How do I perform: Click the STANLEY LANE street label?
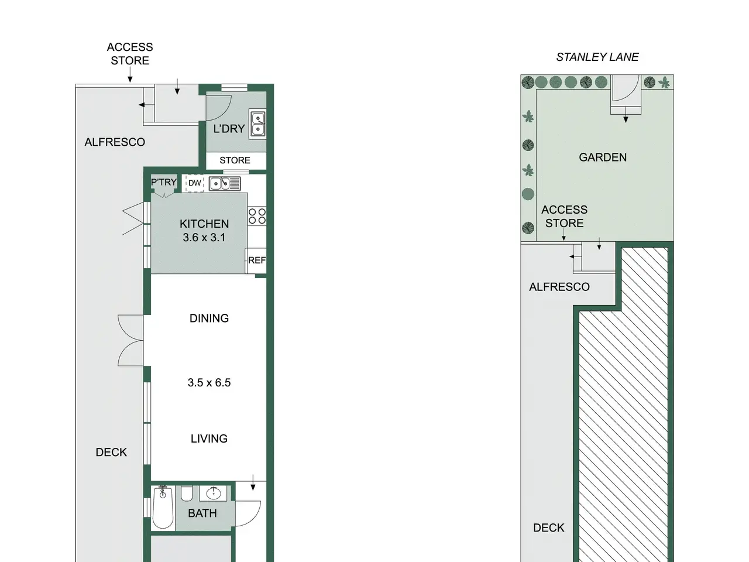coord(597,57)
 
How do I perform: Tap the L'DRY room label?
coord(229,129)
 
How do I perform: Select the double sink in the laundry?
coord(257,124)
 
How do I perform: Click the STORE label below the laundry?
coord(235,160)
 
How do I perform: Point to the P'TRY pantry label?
coord(164,182)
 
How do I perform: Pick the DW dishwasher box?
coord(194,183)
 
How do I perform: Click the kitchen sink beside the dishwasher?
coord(225,184)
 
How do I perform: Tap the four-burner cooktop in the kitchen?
coord(257,216)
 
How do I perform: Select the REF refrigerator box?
coord(256,261)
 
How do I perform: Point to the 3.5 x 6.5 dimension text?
coord(209,382)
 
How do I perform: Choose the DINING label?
coord(209,318)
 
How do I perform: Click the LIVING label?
coord(209,438)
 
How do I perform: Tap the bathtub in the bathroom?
coord(163,508)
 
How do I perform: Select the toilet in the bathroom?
coord(187,494)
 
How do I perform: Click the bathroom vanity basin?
coord(214,493)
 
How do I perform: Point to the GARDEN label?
coord(603,157)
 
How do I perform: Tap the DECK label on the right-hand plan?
coord(549,528)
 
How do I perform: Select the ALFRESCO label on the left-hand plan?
coord(115,142)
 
